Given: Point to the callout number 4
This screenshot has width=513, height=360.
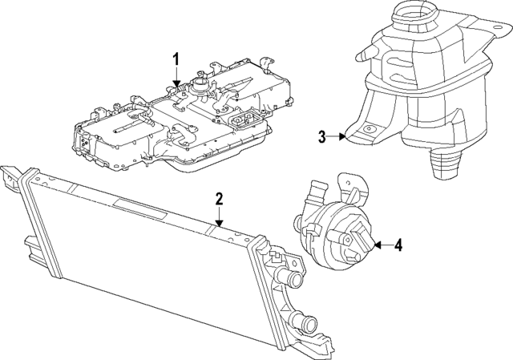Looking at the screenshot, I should tap(399, 245).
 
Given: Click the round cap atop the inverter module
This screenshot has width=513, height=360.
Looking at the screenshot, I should tap(199, 83).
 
